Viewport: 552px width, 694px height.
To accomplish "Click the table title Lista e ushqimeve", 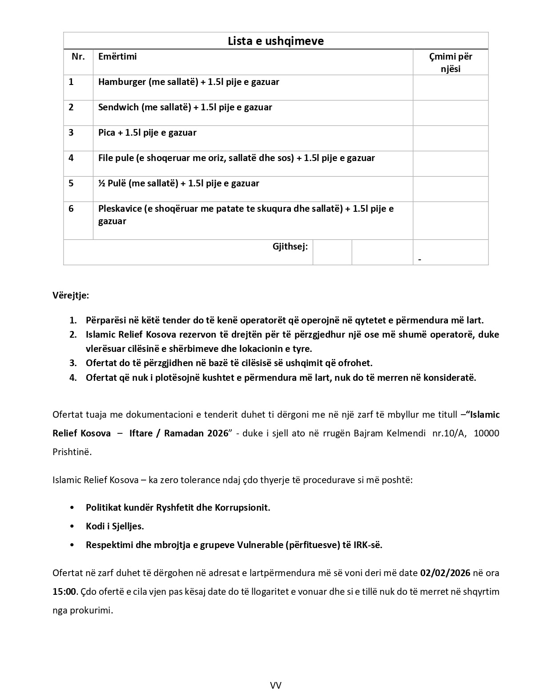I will click(x=276, y=41).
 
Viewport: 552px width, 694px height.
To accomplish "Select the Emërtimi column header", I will click(x=117, y=56).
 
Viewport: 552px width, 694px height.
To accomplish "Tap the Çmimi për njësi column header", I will click(x=450, y=62).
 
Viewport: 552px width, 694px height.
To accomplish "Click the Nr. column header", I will click(x=78, y=56).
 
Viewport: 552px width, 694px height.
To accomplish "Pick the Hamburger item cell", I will click(x=189, y=82).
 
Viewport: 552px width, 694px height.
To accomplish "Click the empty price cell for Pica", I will click(x=450, y=138).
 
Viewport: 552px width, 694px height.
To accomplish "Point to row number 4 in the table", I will click(x=71, y=158).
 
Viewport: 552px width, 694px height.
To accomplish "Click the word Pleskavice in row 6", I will click(x=120, y=209).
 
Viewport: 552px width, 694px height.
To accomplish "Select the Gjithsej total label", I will click(x=290, y=246).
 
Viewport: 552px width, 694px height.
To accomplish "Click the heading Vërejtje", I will click(x=71, y=295).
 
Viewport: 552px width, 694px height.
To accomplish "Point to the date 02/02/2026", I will click(x=445, y=573).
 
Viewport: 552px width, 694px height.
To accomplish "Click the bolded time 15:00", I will click(x=64, y=591).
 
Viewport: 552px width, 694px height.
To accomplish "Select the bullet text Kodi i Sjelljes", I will click(x=115, y=526).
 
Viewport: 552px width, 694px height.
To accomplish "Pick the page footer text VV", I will click(x=276, y=685).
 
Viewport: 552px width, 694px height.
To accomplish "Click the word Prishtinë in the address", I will click(x=72, y=452).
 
